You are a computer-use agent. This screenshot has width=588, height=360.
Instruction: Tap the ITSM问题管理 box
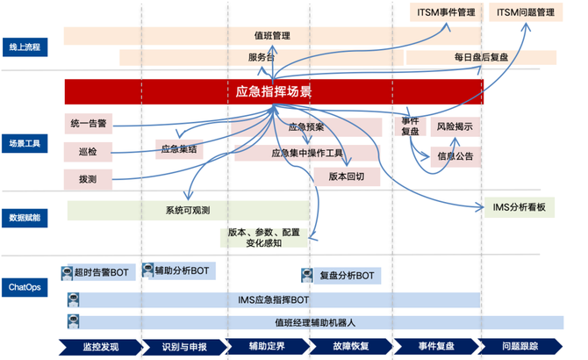(x=526, y=13)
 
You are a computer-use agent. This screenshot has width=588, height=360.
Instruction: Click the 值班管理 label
(x=272, y=36)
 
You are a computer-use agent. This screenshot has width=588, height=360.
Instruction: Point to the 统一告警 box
(x=89, y=123)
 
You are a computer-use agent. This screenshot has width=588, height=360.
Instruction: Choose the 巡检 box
(x=89, y=152)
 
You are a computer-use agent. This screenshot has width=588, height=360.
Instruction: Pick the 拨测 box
(x=89, y=178)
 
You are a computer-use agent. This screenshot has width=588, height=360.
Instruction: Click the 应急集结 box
(x=179, y=150)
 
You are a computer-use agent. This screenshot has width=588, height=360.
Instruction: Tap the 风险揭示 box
(x=455, y=126)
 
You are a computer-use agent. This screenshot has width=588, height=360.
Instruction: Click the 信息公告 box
(x=455, y=156)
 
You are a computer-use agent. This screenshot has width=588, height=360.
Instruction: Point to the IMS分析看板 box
(x=519, y=207)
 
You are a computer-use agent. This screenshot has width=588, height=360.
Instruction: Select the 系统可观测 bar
(x=187, y=211)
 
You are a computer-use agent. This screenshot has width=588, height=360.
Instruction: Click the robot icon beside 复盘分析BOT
(x=308, y=276)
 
